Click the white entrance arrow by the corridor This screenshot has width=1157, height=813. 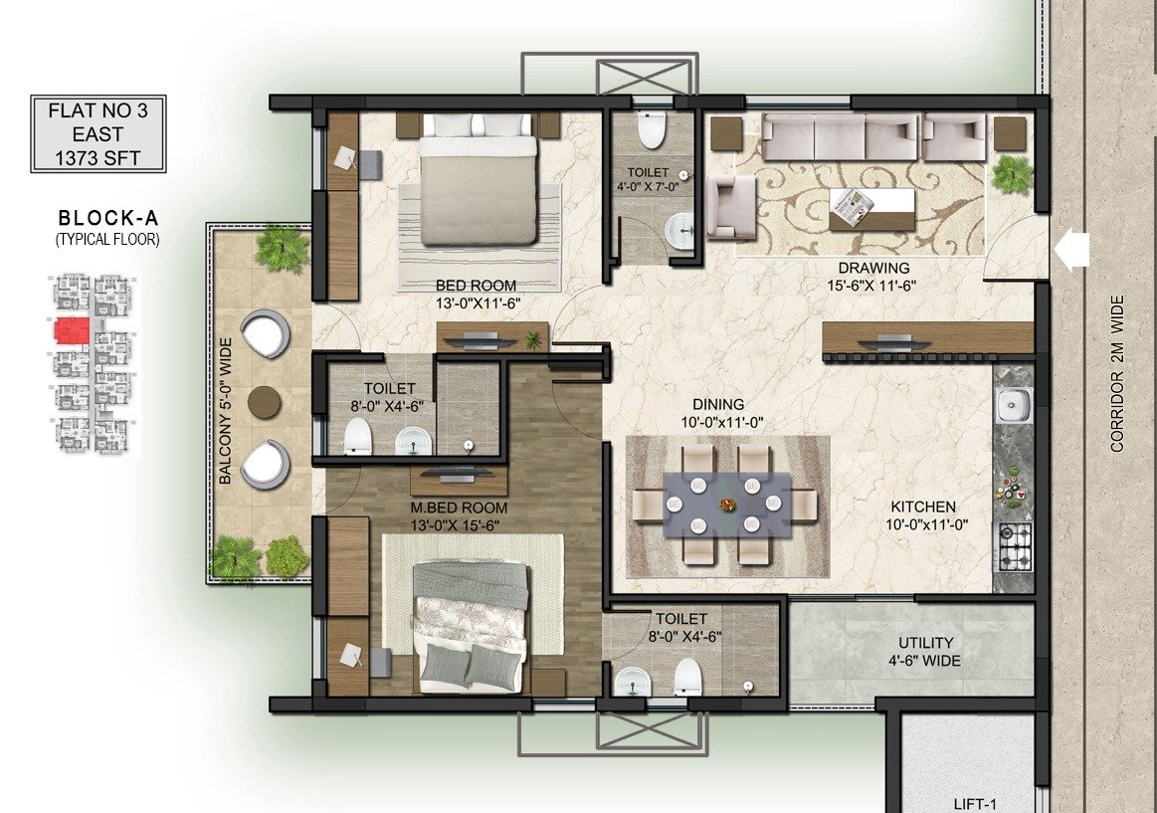pos(1072,250)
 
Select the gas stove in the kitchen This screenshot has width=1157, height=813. pos(1015,546)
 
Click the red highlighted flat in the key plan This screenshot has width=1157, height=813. pos(73,330)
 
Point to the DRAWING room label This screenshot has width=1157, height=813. pos(873,268)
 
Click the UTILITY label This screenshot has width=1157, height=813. pos(925,643)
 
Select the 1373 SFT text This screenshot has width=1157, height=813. pos(97,157)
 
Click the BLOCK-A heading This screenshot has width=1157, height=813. pos(108,218)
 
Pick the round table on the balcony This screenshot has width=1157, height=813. pos(265,403)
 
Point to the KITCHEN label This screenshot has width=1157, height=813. pos(923,508)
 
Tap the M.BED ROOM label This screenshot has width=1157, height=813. pos(459,508)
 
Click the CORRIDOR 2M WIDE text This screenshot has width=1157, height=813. pos(1117,374)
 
